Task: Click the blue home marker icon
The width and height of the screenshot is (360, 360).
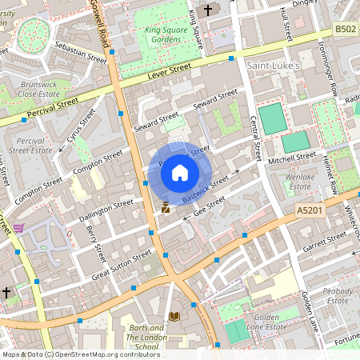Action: pyautogui.click(x=180, y=171)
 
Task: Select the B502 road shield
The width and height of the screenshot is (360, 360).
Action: pyautogui.click(x=344, y=30)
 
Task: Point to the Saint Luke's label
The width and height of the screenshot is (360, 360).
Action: pyautogui.click(x=272, y=65)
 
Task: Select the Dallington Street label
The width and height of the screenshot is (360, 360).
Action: pyautogui.click(x=107, y=210)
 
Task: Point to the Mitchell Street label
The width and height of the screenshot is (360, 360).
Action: pyautogui.click(x=292, y=159)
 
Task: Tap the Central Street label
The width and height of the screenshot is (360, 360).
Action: pyautogui.click(x=255, y=137)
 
